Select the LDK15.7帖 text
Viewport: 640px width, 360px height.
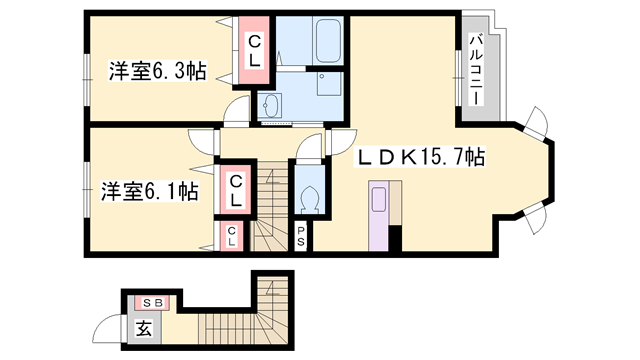pos(422,157)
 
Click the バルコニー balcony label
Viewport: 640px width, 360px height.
pos(476,71)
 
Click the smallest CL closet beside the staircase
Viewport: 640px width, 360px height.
pos(232,237)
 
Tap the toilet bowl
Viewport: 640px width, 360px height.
pos(308,194)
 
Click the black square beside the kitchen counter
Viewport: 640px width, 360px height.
pos(396,238)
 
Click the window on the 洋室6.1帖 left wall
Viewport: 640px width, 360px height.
pos(86,193)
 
